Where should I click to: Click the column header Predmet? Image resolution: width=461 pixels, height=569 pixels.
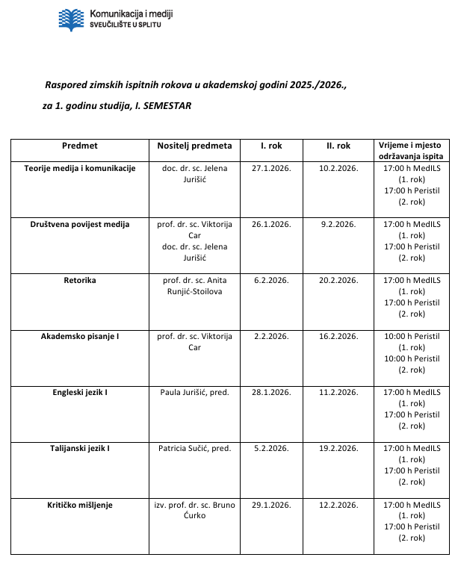click(x=80, y=146)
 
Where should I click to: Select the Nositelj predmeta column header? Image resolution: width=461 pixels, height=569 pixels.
click(x=195, y=146)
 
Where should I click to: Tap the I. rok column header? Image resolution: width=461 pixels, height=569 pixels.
click(x=271, y=146)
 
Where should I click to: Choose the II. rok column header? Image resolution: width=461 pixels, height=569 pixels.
click(x=338, y=146)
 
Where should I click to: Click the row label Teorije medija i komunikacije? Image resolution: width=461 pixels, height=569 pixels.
click(x=80, y=168)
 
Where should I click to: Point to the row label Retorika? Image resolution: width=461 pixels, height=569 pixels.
click(x=80, y=280)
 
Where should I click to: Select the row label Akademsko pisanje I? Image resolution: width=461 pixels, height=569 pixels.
click(x=80, y=336)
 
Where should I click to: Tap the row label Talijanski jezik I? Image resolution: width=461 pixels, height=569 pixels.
click(x=80, y=448)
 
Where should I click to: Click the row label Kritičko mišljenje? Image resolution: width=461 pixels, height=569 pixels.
click(x=80, y=505)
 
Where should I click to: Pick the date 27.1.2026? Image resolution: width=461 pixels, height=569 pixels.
click(x=271, y=168)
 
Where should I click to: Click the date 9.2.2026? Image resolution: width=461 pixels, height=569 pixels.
click(x=338, y=224)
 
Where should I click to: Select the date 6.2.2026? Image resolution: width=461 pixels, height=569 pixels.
click(x=271, y=280)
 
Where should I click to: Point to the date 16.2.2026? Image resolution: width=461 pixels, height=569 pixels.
click(x=338, y=336)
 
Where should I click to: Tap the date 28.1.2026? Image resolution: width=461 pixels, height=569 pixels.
click(x=271, y=392)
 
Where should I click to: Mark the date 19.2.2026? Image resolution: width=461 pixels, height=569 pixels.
click(x=338, y=448)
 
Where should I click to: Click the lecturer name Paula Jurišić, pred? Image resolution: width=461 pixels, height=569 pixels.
click(x=195, y=392)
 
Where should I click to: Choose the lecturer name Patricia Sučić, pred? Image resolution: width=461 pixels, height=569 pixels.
click(x=195, y=448)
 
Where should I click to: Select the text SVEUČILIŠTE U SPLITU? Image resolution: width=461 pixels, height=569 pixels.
click(x=125, y=25)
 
